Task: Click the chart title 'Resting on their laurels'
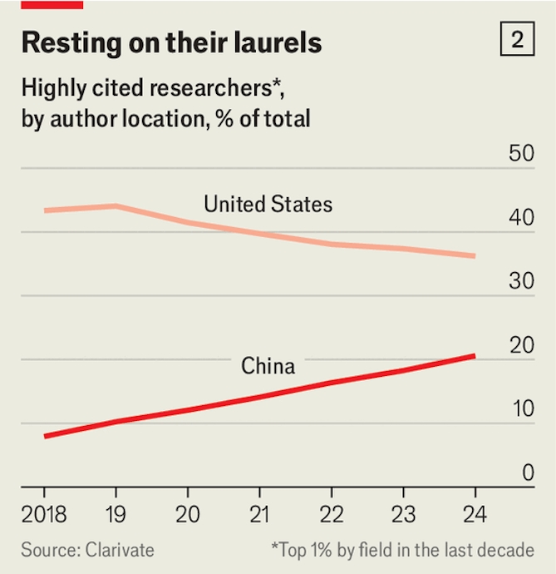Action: click(172, 42)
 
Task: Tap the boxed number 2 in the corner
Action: click(517, 40)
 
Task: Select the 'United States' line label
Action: click(268, 204)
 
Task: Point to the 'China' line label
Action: click(268, 365)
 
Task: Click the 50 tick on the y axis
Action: click(516, 155)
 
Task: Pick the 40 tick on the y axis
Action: click(516, 219)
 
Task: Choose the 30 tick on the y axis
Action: click(516, 282)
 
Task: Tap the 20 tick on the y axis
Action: click(516, 346)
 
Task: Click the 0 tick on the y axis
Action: click(524, 473)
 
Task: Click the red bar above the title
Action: click(52, 4)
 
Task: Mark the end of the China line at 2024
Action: click(475, 356)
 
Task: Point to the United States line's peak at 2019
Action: click(117, 206)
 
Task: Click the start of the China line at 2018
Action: click(45, 436)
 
